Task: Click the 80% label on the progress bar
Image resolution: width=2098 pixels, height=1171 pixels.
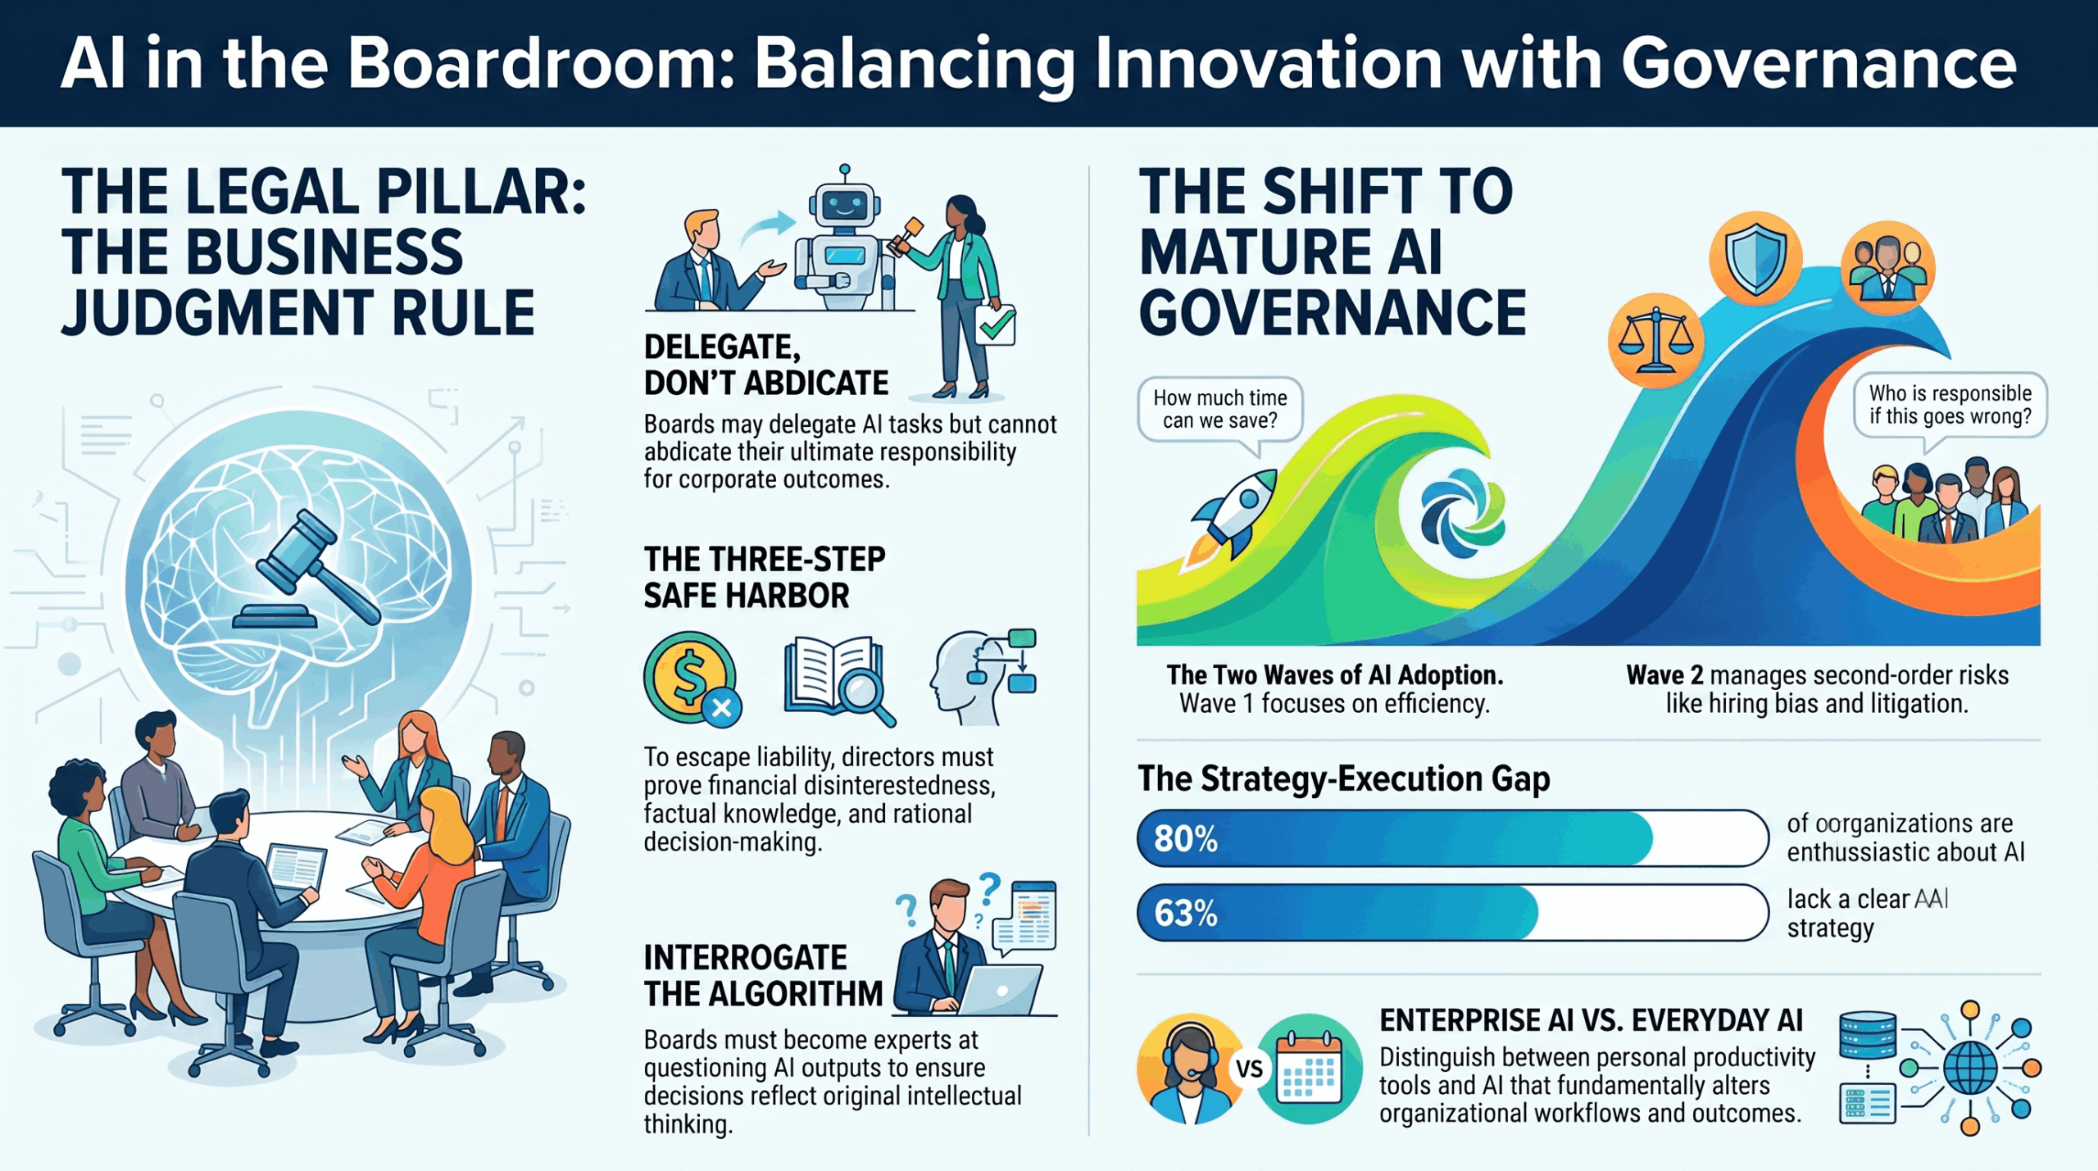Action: point(1185,838)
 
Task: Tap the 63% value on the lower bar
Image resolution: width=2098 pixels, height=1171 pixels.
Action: point(1185,913)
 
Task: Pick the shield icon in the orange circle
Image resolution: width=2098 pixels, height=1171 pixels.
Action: point(1755,258)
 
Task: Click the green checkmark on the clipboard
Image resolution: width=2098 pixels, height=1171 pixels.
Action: point(996,326)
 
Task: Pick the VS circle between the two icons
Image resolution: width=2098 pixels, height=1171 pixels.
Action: point(1249,1069)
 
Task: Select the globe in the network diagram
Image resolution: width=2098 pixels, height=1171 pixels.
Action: point(1970,1068)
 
